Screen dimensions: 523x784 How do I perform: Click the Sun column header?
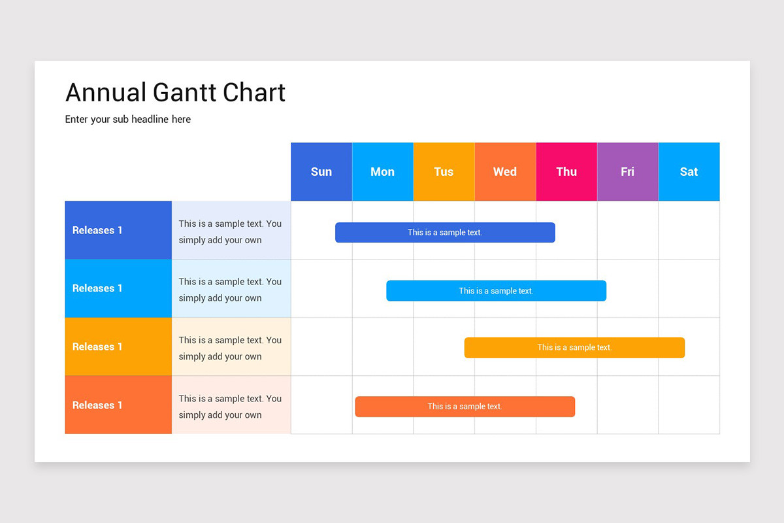pos(321,172)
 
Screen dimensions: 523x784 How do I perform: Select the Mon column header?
pos(382,172)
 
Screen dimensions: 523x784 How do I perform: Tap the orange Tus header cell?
pos(444,172)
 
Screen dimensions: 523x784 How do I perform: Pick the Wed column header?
pos(505,172)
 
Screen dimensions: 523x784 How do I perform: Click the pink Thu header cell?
pos(566,172)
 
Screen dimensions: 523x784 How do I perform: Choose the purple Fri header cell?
pos(627,172)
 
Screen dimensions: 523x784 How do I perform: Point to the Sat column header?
pos(689,172)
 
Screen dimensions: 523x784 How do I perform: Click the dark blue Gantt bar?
pos(445,233)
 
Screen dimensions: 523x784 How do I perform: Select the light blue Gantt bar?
pos(496,291)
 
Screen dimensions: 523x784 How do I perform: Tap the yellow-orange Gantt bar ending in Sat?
pos(574,348)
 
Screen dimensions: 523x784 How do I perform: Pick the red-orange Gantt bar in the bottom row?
pos(465,407)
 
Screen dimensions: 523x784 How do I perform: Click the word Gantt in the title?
pos(185,93)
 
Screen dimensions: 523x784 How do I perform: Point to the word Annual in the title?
pos(106,93)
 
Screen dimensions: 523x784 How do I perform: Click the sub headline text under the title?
pos(128,120)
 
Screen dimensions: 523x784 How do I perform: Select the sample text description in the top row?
pos(230,231)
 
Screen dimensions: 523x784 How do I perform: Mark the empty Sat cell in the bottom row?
pos(689,405)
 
